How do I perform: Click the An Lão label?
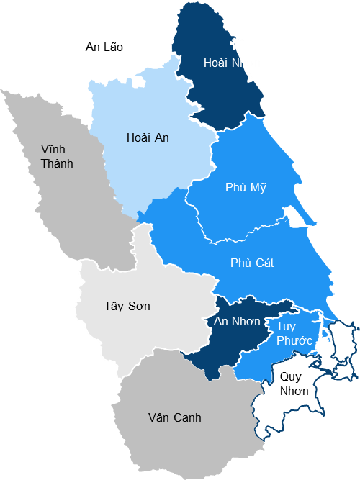coord(104,47)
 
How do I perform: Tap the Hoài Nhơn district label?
coord(232,63)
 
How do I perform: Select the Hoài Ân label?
coord(147,137)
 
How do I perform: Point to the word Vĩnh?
coord(53,149)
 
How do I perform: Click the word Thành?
coord(57,163)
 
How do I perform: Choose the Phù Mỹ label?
coord(246,187)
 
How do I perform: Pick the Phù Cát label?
coord(252,263)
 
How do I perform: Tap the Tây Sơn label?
coord(127,306)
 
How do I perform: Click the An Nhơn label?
coord(237,321)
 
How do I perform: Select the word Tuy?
coord(286,326)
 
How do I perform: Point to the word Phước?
coord(294,340)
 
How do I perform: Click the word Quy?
coord(290,376)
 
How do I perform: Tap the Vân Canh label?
coord(174,417)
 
